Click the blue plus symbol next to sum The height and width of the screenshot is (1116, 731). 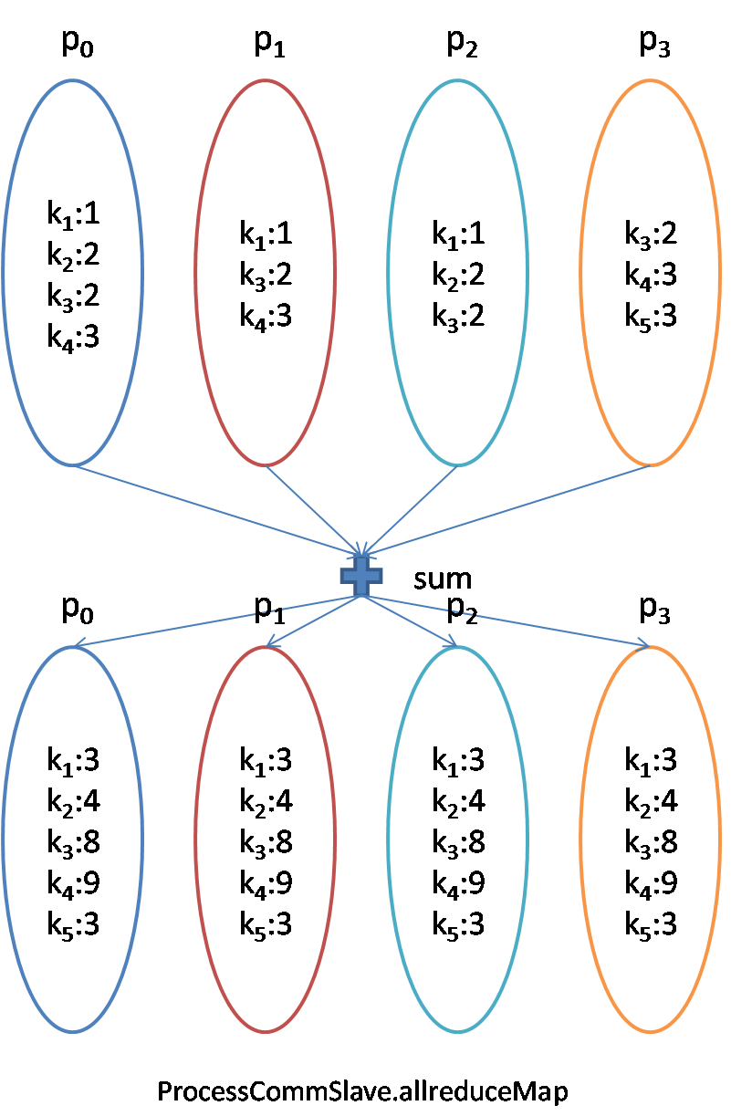(361, 576)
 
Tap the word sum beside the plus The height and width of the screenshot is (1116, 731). (443, 578)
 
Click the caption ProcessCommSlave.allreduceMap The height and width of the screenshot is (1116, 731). (362, 1091)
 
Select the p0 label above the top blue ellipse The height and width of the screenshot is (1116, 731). (77, 45)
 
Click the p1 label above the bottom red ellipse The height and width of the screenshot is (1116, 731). (269, 609)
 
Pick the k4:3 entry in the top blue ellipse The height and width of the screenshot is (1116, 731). (73, 336)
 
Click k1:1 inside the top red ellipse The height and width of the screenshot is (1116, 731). (266, 235)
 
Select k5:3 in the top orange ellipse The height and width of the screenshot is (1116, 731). (651, 316)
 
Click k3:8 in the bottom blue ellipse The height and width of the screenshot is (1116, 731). (73, 842)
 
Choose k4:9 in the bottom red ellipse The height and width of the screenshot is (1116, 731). (266, 883)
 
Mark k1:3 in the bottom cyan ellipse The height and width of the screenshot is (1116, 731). (458, 760)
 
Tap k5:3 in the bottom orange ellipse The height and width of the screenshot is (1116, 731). (651, 924)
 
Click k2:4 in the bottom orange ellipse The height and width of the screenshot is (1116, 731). (651, 801)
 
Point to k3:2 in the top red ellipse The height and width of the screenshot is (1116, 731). (266, 275)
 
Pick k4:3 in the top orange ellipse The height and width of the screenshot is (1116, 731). (651, 275)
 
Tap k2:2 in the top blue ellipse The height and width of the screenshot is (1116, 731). (73, 255)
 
